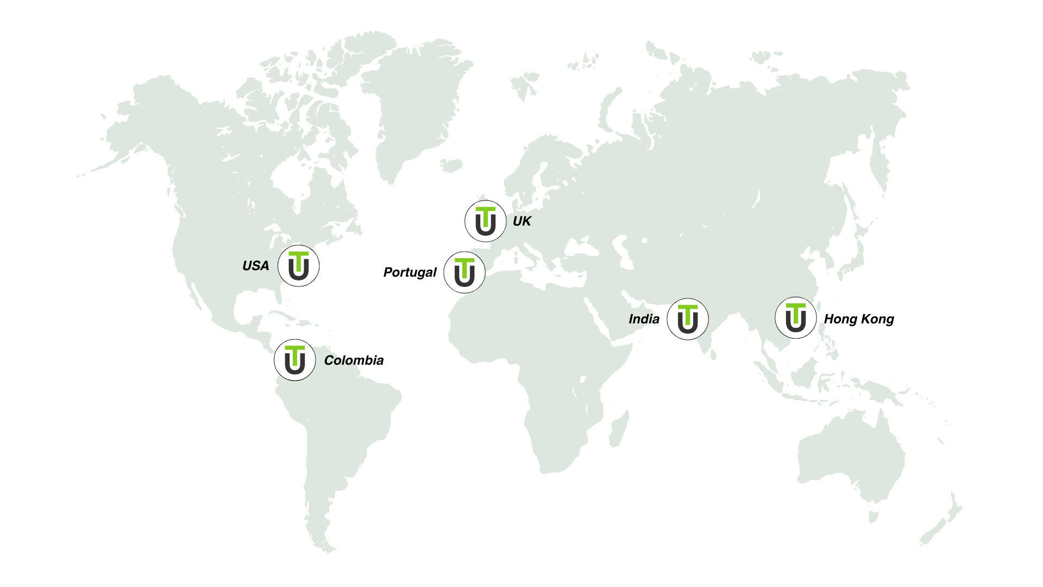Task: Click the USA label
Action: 255,266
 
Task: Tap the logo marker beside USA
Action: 298,266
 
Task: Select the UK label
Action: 521,221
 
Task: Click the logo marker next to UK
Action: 486,221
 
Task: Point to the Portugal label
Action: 410,272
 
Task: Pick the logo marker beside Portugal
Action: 464,272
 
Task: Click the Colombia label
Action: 354,360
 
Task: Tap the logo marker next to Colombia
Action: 295,360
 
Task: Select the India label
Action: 644,319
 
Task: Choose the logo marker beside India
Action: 688,319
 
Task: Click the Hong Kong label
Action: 859,319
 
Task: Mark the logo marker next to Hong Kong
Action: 796,318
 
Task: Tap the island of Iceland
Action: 451,165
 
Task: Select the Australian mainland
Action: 853,457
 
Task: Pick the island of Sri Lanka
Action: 713,354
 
